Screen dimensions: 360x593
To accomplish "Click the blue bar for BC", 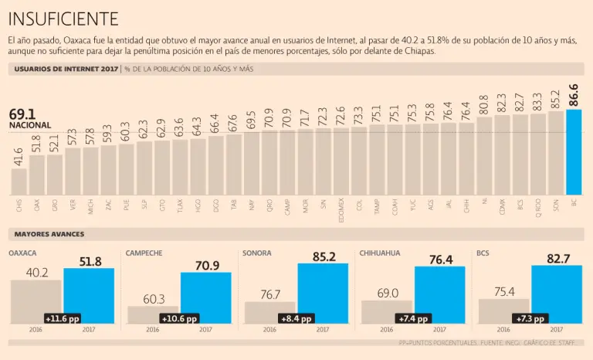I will point(573,151).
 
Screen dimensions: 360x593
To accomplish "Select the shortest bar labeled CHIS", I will point(19,182).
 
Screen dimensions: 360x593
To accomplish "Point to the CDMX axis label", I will point(502,205).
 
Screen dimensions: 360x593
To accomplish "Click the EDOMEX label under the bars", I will point(341,208).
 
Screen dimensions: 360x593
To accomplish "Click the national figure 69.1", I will point(22,114).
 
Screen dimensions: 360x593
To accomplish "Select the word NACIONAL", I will point(30,125).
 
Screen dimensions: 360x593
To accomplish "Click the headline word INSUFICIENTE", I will point(63,18).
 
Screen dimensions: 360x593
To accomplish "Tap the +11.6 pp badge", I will point(63,318).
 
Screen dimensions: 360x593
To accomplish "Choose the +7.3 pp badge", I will point(530,318).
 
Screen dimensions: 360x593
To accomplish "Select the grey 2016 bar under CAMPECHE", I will point(153,314).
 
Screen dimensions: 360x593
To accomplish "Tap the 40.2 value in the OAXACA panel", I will point(37,273).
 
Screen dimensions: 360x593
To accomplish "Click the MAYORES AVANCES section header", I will point(49,233).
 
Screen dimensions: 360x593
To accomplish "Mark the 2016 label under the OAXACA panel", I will point(36,329).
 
